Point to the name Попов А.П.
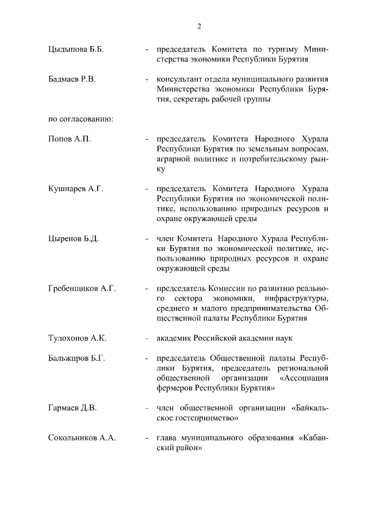point(69,139)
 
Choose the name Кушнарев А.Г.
point(75,189)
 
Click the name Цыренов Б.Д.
point(74,238)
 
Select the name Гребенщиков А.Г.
point(82,288)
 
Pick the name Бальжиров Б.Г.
point(76,358)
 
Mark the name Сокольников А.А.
point(82,438)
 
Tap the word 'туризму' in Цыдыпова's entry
point(279,49)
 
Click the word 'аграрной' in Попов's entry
point(174,159)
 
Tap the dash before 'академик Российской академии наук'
point(148,338)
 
